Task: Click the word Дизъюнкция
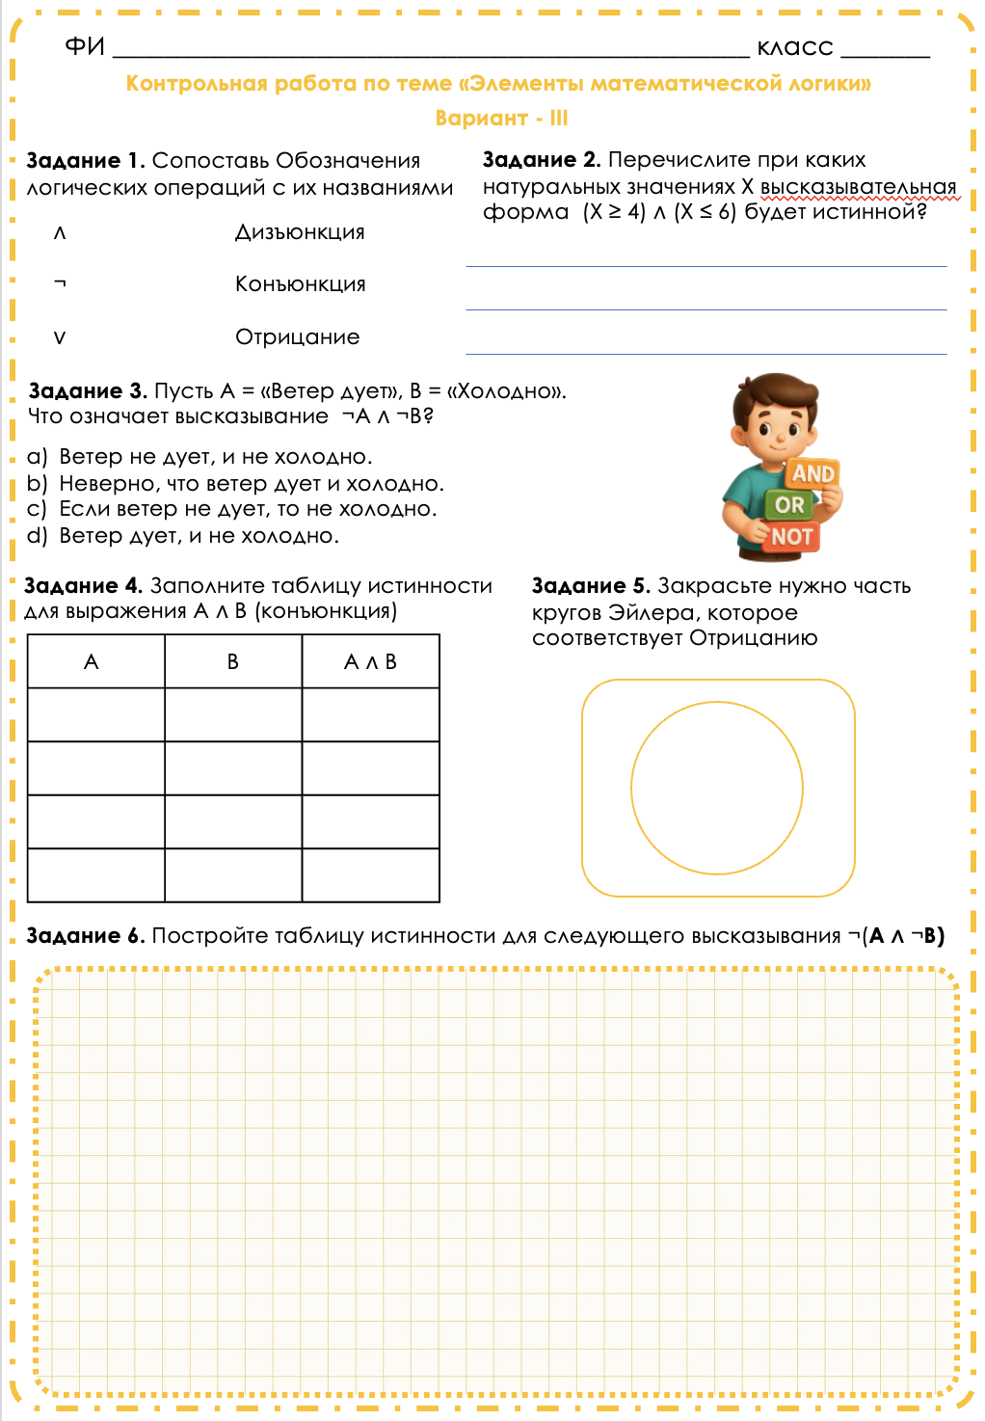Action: pyautogui.click(x=300, y=232)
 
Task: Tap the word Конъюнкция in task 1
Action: pyautogui.click(x=300, y=284)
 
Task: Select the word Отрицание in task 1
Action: pyautogui.click(x=297, y=337)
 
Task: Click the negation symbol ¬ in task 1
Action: pyautogui.click(x=60, y=283)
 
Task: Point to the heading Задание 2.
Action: pyautogui.click(x=541, y=160)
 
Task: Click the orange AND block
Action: pyautogui.click(x=812, y=473)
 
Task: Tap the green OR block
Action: pyautogui.click(x=789, y=504)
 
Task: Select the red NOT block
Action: pyautogui.click(x=791, y=537)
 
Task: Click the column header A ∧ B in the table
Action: pyautogui.click(x=370, y=662)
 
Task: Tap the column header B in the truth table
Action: pyautogui.click(x=232, y=662)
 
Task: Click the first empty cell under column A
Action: pyautogui.click(x=95, y=714)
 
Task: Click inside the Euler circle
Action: pyautogui.click(x=717, y=788)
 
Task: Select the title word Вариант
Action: pyautogui.click(x=481, y=119)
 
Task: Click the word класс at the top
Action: pyautogui.click(x=795, y=47)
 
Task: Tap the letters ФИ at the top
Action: pyautogui.click(x=84, y=46)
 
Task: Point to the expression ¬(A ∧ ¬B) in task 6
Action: pyautogui.click(x=895, y=936)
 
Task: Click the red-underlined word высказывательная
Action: pyautogui.click(x=858, y=187)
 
